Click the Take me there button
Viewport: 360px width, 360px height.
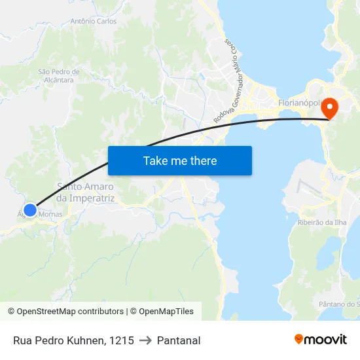(180, 160)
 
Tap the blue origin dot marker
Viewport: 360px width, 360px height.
(30, 210)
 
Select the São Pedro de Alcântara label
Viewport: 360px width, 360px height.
(59, 76)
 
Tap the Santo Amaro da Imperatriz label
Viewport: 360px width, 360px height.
(86, 192)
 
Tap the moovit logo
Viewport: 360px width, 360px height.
(321, 340)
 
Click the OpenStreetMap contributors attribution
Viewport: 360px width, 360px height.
(65, 312)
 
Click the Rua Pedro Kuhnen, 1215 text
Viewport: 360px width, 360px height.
(73, 340)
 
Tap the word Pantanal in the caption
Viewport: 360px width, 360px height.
(179, 340)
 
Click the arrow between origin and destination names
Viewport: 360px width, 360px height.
(145, 340)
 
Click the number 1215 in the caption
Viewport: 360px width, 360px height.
(122, 340)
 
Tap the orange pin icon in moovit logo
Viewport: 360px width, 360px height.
(299, 339)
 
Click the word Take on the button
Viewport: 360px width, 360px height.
(155, 160)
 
